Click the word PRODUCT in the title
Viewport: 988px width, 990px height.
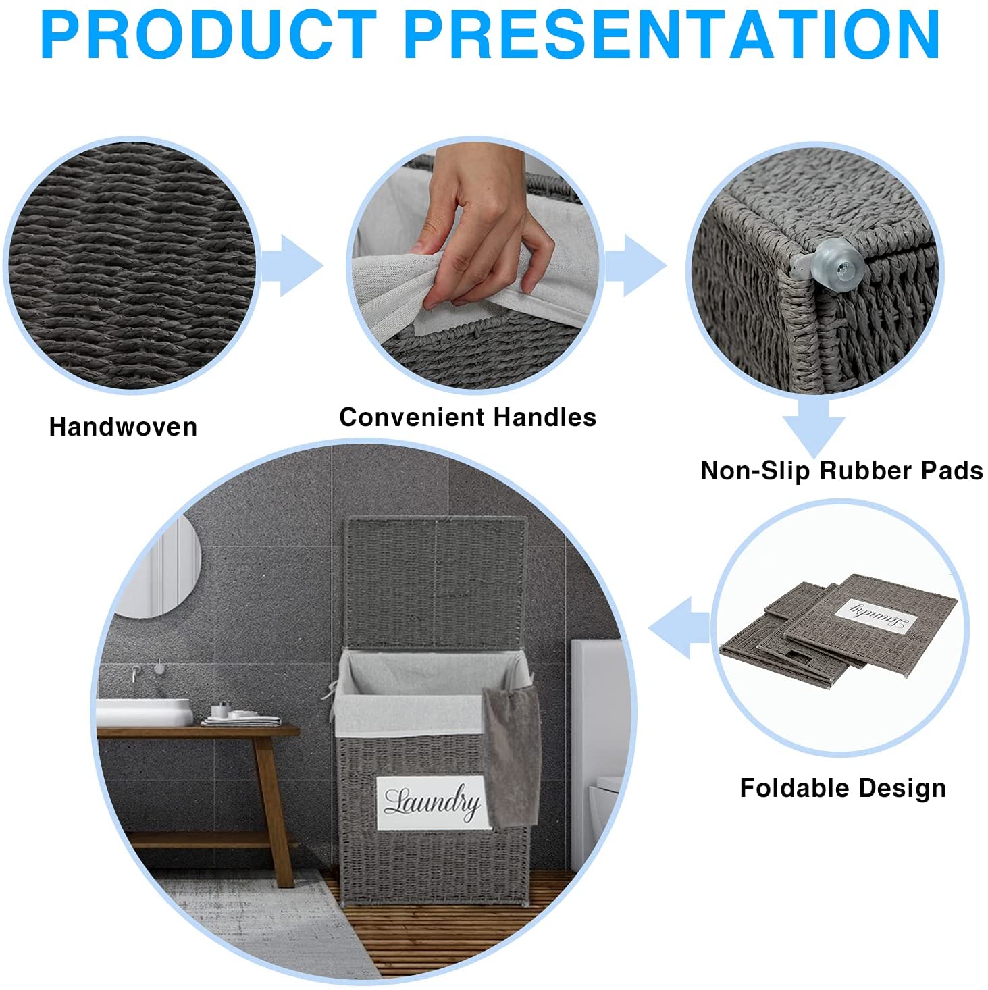(x=209, y=35)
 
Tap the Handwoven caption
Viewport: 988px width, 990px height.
(x=124, y=427)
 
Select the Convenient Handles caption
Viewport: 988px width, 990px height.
(x=467, y=417)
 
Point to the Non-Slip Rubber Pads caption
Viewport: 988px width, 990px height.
(x=842, y=471)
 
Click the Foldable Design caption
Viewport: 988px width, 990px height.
(x=843, y=788)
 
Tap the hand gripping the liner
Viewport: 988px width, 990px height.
(x=486, y=226)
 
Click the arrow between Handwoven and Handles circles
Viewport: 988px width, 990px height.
(x=292, y=265)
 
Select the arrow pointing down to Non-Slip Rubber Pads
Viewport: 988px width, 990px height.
(x=814, y=426)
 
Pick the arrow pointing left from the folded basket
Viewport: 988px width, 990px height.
(x=679, y=627)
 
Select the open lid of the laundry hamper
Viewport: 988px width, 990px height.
(x=436, y=583)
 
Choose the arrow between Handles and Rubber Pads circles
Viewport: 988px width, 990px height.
(x=635, y=265)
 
